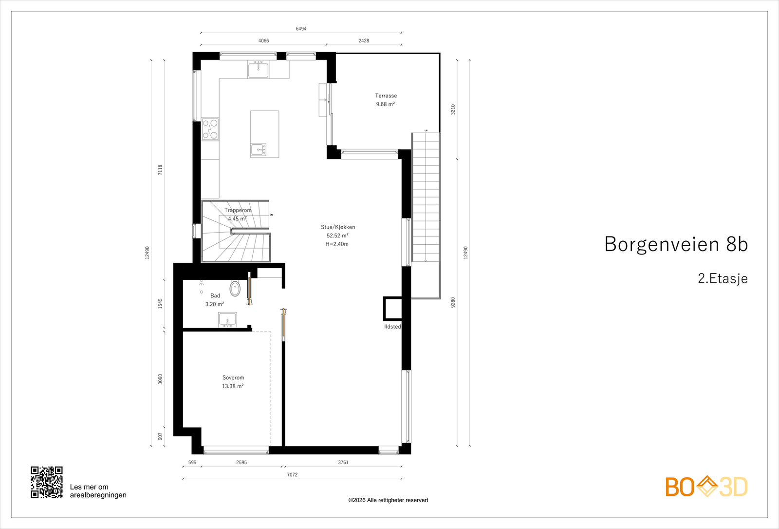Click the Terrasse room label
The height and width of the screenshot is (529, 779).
[386, 96]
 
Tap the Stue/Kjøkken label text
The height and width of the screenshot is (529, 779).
[338, 227]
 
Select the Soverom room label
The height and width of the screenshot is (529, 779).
[233, 377]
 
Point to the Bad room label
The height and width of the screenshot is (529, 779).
[215, 295]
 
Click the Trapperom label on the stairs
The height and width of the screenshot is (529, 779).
[238, 210]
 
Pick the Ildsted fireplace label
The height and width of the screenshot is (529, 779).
[392, 327]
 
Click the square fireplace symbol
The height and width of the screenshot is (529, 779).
[392, 309]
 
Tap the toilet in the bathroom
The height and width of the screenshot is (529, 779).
[235, 289]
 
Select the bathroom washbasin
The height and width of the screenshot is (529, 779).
[227, 320]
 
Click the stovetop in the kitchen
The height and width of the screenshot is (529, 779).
[210, 129]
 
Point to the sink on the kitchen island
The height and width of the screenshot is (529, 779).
[259, 149]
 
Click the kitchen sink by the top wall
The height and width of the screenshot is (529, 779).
[258, 69]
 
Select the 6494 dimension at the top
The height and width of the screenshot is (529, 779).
[301, 29]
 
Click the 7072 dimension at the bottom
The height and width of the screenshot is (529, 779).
[292, 475]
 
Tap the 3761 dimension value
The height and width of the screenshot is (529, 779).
[343, 463]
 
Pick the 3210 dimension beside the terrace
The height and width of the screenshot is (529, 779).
[453, 109]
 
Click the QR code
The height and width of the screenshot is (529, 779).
[47, 482]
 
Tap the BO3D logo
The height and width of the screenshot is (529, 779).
[706, 487]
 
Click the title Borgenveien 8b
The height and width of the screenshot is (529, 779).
[676, 244]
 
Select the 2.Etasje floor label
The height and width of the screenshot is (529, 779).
[723, 278]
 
